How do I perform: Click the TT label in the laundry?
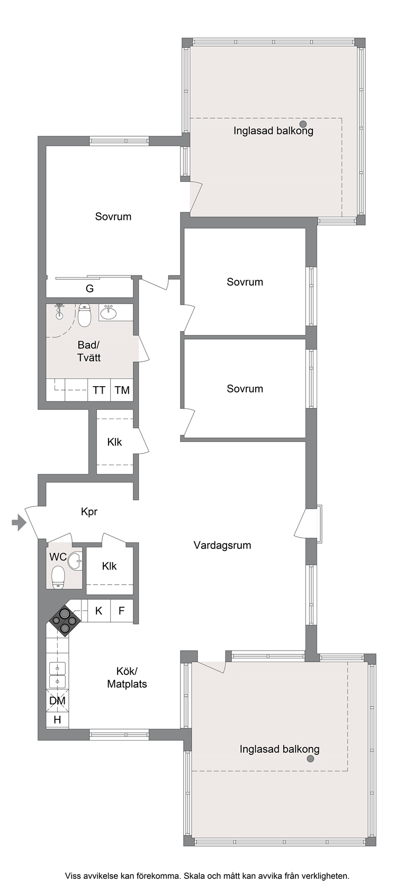click(99, 390)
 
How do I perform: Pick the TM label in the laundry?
click(122, 390)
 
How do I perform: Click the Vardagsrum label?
click(222, 545)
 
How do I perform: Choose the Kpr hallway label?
click(89, 512)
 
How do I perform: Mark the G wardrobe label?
click(89, 288)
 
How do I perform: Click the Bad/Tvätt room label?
click(89, 351)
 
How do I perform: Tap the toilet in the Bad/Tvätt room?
click(84, 315)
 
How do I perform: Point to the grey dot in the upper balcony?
click(303, 123)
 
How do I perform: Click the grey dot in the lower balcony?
click(310, 759)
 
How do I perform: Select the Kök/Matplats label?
click(127, 678)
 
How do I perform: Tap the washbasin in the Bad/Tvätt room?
click(108, 313)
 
